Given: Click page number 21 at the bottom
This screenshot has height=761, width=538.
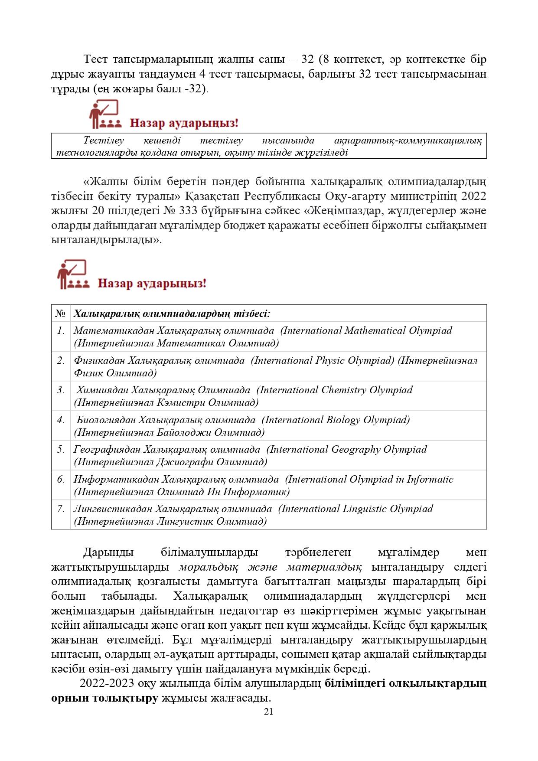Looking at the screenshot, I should (268, 712).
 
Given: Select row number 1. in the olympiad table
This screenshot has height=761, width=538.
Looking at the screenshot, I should (61, 331).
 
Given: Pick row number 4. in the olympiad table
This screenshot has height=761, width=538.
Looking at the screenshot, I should (61, 420).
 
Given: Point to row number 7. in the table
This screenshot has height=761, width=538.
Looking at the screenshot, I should (61, 509).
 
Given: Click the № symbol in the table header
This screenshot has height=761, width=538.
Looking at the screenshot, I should (61, 314).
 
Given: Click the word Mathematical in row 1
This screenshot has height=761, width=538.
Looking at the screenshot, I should (375, 331).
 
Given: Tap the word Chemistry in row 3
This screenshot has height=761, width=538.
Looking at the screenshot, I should (344, 390).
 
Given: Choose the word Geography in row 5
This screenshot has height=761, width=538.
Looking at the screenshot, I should (356, 450).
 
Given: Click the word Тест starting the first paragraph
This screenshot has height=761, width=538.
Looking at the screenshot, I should (96, 59).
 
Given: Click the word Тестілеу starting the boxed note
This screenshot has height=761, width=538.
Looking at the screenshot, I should (104, 140).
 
